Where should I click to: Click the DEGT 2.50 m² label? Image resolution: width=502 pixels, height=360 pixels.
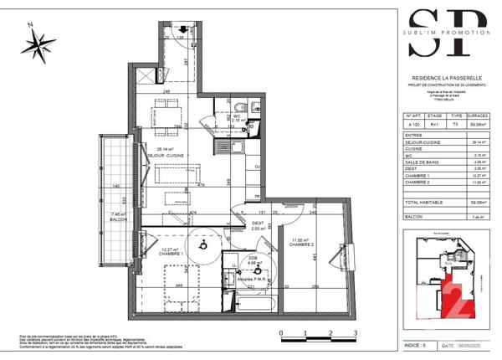point(259,224)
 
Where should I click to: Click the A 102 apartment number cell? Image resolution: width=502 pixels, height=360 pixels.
point(412,124)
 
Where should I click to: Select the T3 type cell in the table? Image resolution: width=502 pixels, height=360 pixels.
point(455,124)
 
